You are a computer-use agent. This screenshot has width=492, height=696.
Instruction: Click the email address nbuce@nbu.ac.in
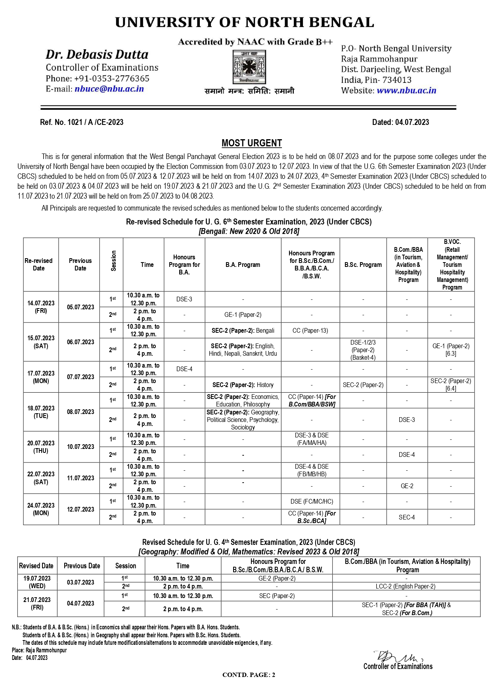[x=109, y=89]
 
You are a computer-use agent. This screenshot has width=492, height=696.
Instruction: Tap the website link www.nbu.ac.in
[x=406, y=90]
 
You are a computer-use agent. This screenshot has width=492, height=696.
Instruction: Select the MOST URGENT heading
[x=252, y=143]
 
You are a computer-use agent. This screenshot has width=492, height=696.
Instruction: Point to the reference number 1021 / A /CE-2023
[x=82, y=122]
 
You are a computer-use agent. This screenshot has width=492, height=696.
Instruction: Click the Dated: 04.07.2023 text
[x=400, y=122]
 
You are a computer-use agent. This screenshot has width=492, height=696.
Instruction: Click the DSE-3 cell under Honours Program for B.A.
[x=184, y=299]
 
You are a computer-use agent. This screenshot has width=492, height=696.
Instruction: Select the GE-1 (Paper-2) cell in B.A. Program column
[x=243, y=315]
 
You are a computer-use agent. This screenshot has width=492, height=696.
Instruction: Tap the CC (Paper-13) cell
[x=310, y=330]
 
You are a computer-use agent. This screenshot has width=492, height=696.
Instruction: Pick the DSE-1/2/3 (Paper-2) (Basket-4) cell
[x=363, y=350]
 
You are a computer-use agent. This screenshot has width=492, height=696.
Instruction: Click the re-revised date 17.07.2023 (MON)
[x=41, y=377]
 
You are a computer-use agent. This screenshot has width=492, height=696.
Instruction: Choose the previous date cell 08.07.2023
[x=80, y=412]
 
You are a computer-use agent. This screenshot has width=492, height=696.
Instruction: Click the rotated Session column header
[x=113, y=261]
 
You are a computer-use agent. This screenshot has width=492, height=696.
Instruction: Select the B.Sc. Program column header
[x=363, y=265]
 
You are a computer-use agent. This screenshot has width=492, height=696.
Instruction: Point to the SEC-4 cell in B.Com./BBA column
[x=407, y=517]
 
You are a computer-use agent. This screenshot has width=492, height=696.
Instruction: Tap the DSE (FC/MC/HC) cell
[x=312, y=501]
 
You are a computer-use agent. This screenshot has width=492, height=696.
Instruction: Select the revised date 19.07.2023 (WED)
[x=37, y=582]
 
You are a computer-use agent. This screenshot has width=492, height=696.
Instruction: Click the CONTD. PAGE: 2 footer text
[x=249, y=675]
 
